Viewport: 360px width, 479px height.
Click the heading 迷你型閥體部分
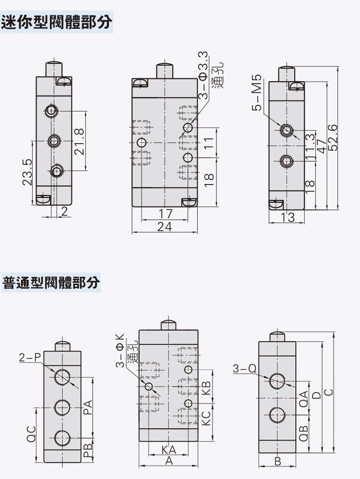pos(57,22)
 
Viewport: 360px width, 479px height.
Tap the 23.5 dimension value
pos(27,172)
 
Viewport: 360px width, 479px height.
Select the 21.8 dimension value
pos(80,141)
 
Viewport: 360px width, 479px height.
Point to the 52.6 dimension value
pos(333,137)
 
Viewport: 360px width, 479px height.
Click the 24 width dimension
pos(165,227)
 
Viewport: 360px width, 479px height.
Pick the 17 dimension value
pos(165,214)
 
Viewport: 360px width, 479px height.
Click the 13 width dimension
pos(288,217)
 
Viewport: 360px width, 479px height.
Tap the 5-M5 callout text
pos(258,93)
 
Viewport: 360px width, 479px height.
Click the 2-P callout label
pos(30,357)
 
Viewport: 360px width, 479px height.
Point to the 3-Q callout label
pos(244,368)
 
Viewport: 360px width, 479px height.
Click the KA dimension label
pos(168,450)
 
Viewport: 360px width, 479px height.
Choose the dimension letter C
pos(328,392)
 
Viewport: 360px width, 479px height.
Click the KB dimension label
pos(206,387)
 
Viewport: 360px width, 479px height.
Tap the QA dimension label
pos(303,399)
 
